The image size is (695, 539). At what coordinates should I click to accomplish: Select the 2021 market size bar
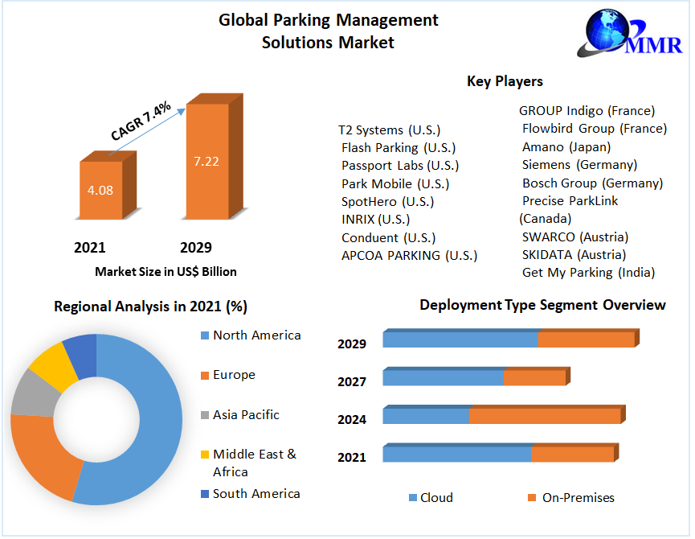(101, 190)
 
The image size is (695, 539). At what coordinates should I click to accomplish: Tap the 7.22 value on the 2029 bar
(206, 161)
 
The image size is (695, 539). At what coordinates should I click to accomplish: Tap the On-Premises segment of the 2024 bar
(544, 416)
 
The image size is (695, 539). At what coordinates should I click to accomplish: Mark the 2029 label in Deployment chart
(352, 344)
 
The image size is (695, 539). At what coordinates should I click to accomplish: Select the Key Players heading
(505, 81)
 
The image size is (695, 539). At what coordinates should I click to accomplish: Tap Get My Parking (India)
(588, 273)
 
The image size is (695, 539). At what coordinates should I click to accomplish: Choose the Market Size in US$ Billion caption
(166, 272)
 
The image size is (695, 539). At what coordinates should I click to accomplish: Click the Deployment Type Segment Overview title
(542, 305)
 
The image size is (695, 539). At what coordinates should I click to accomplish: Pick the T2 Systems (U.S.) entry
(389, 130)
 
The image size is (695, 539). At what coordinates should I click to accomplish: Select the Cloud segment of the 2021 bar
(457, 454)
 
